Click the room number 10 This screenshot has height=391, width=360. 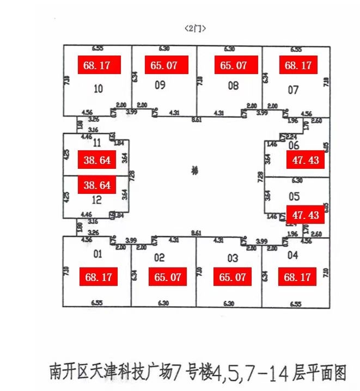click(x=98, y=89)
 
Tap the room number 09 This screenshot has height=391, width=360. click(x=160, y=84)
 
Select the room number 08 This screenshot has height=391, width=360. click(x=233, y=85)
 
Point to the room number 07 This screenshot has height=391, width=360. click(x=293, y=89)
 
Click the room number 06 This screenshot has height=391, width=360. click(x=294, y=145)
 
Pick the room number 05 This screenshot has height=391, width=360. click(x=294, y=197)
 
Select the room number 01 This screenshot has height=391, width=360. click(x=98, y=253)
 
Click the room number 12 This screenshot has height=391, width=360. click(x=97, y=200)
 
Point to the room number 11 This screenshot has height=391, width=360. click(x=97, y=143)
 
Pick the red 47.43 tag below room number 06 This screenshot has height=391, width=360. click(x=306, y=161)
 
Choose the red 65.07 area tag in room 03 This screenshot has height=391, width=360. click(x=233, y=277)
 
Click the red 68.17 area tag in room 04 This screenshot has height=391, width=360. click(x=297, y=277)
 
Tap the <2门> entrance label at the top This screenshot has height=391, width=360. click(x=196, y=27)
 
